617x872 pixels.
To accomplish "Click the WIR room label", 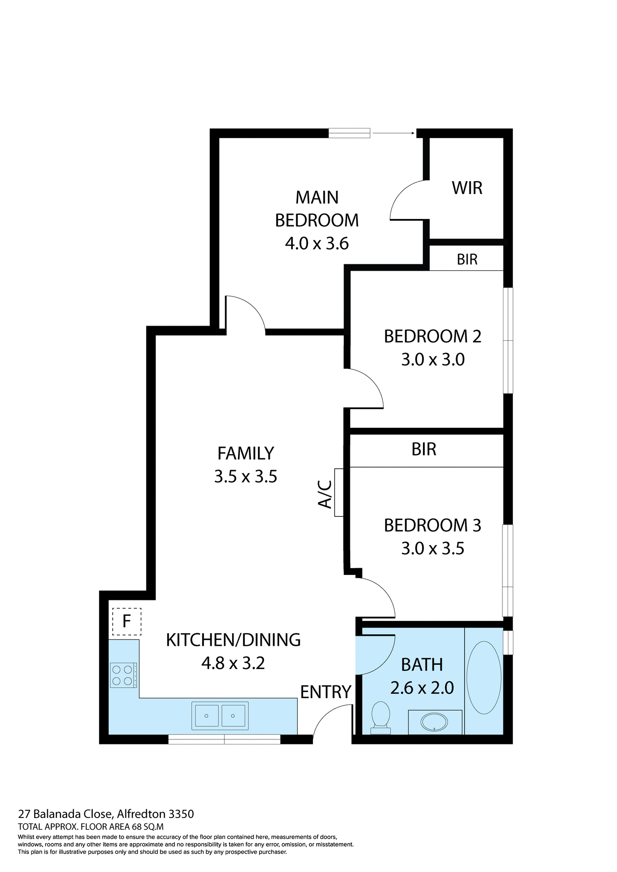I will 467,188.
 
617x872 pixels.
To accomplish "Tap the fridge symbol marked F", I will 127,621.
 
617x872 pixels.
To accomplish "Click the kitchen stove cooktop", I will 123,675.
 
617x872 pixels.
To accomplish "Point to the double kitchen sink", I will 220,716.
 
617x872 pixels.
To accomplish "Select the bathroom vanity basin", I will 435,722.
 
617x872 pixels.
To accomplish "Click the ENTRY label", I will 325,692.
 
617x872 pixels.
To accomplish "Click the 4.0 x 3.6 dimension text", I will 317,243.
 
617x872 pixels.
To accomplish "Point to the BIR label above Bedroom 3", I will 423,449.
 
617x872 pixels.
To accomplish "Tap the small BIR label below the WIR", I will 467,259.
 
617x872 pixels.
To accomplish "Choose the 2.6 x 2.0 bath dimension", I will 422,688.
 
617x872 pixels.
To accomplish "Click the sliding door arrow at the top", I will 393,133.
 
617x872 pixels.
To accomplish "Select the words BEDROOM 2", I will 432,337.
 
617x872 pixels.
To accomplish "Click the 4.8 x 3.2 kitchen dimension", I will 233,663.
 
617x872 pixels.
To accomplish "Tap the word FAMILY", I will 245,453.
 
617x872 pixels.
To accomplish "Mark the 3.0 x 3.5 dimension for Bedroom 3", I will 432,548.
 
